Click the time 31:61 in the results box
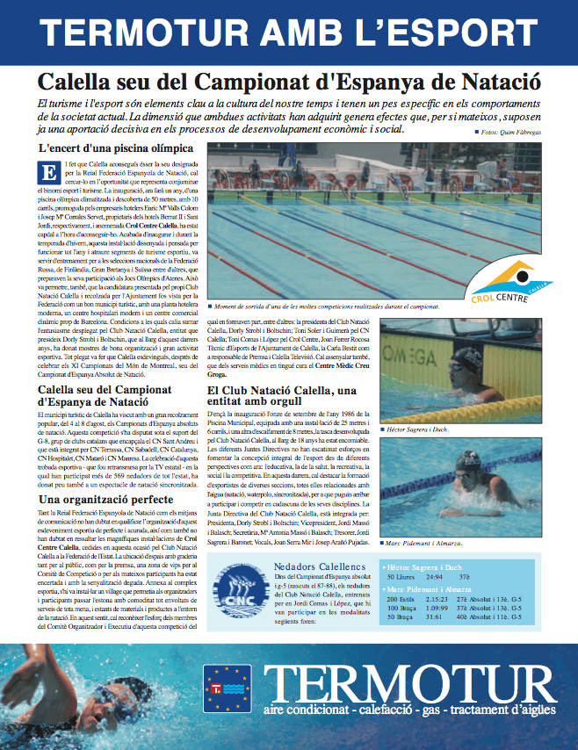pos(434,616)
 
